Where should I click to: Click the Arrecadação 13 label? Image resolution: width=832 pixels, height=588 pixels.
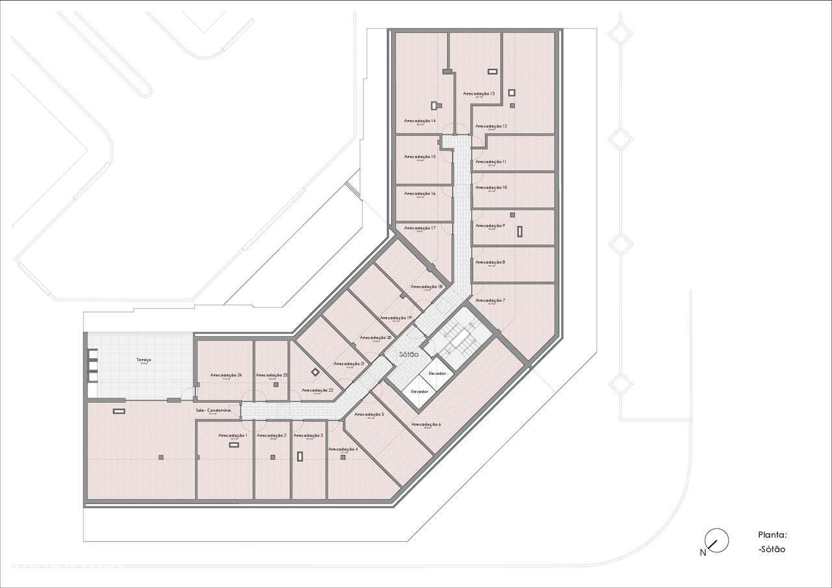(x=479, y=94)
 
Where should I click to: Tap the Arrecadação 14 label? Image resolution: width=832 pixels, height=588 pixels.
(x=419, y=121)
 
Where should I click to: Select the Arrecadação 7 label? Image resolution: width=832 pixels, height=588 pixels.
(x=490, y=301)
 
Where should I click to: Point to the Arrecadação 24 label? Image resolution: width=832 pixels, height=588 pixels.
(x=226, y=376)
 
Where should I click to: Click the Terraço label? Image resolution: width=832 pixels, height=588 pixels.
(x=144, y=360)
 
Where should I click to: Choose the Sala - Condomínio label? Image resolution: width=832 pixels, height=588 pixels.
(x=213, y=411)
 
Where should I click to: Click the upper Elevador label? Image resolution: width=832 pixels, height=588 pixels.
(x=437, y=374)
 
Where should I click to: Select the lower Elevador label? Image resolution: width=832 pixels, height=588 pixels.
(x=419, y=391)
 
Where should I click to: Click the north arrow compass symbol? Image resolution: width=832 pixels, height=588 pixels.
(x=716, y=540)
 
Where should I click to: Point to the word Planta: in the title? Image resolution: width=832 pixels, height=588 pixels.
(x=772, y=535)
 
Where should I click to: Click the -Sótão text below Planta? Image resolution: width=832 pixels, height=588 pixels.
(x=772, y=550)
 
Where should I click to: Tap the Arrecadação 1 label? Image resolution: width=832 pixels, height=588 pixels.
(x=233, y=435)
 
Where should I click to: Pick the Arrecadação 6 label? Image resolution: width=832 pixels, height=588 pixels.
(x=426, y=424)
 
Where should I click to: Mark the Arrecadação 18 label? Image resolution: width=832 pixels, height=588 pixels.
(x=426, y=287)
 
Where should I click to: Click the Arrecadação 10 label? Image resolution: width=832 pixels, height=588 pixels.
(x=491, y=187)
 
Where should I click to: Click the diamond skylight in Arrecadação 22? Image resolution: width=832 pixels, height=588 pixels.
(x=315, y=372)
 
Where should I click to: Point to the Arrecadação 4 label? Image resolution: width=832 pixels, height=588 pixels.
(x=343, y=450)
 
